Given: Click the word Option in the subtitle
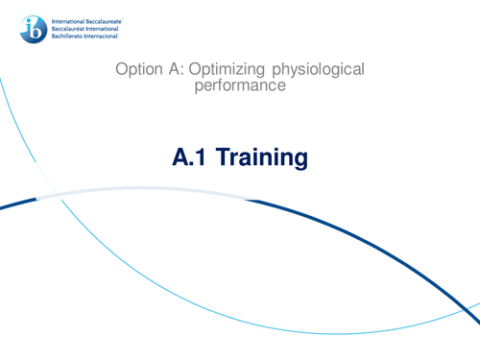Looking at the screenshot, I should (136, 70).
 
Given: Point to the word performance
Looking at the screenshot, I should (240, 86).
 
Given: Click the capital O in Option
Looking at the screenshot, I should (120, 70).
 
